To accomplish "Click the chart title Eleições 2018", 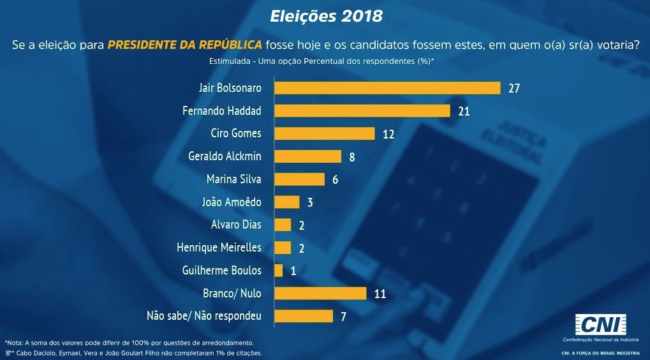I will tap(326, 15).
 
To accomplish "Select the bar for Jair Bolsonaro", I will tap(387, 88).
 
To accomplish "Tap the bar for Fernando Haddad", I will tap(362, 111).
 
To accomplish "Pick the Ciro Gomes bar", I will tap(325, 133).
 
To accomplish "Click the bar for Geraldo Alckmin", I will tap(308, 156).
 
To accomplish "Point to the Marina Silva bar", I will tap(300, 179).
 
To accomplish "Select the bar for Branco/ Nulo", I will tap(320, 293).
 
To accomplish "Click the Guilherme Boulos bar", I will tap(279, 271).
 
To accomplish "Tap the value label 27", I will tap(514, 89).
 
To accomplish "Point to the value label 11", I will tap(380, 294).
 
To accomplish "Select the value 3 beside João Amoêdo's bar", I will tap(310, 202).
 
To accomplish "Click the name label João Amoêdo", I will tap(232, 202).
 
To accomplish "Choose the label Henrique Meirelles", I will tap(219, 248).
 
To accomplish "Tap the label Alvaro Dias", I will tap(236, 225).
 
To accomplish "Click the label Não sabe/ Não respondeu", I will tap(204, 316).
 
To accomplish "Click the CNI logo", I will tap(601, 324).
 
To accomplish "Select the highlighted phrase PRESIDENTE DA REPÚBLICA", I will tap(184, 45).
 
